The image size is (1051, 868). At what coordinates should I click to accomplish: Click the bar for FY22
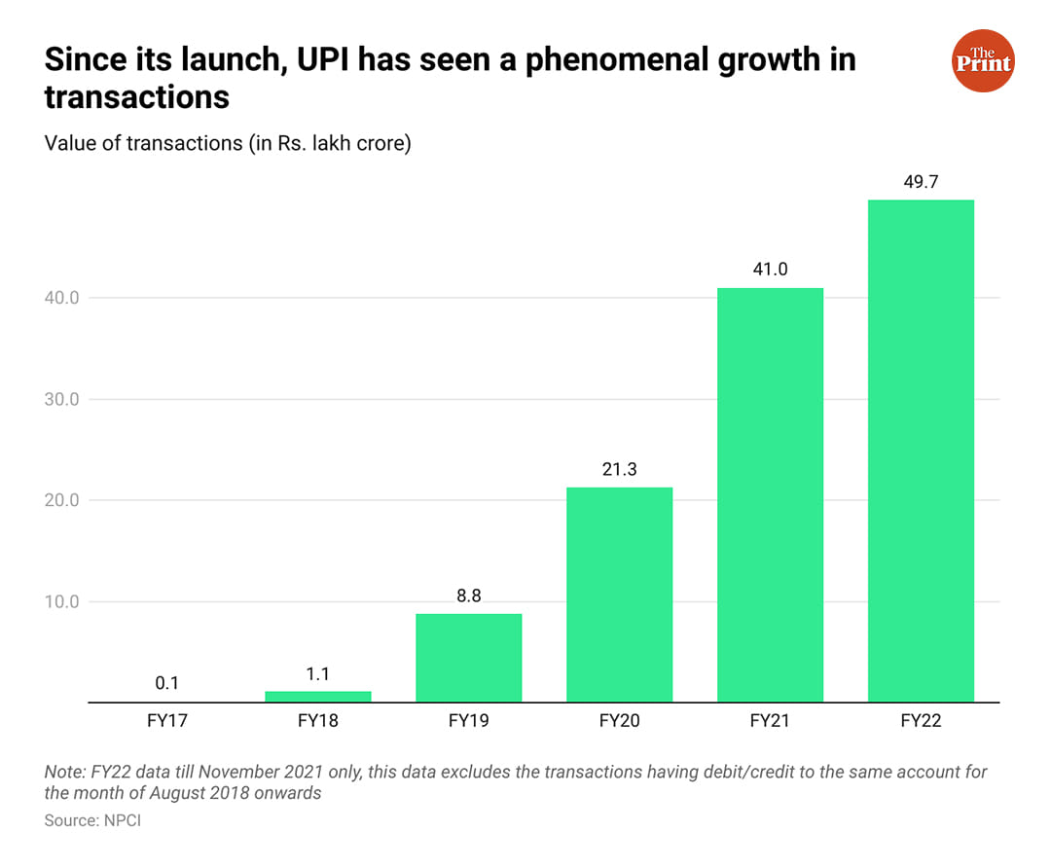point(921,451)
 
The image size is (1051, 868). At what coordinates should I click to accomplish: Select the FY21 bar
point(770,494)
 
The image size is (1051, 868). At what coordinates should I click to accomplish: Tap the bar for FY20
point(619,594)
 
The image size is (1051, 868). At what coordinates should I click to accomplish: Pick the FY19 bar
point(468,657)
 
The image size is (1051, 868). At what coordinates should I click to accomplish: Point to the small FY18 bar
point(317,696)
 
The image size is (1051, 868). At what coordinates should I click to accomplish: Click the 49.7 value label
point(921,181)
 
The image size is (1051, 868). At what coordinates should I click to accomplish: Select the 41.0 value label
point(770,269)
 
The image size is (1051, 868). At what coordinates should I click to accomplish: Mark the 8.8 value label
point(468,595)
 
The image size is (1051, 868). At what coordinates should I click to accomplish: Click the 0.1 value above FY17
point(166,683)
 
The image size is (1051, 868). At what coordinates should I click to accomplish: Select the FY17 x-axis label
point(166,722)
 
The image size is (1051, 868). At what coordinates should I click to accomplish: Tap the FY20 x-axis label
point(619,722)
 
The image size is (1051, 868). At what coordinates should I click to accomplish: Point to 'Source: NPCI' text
point(93,821)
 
